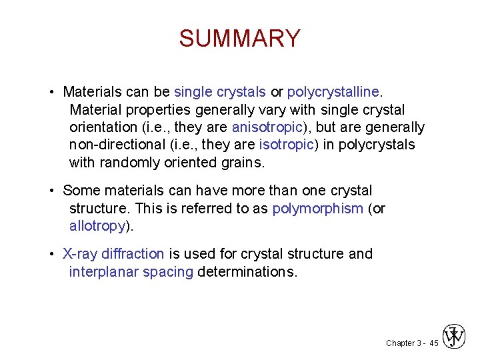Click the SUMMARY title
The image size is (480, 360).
pyautogui.click(x=239, y=39)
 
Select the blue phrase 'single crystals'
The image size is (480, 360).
pyautogui.click(x=220, y=91)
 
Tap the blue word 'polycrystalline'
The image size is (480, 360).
pyautogui.click(x=333, y=91)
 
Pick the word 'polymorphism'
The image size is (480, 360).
pyautogui.click(x=317, y=209)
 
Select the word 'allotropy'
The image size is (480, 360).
pyautogui.click(x=97, y=226)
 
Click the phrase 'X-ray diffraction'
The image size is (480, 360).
pyautogui.click(x=113, y=254)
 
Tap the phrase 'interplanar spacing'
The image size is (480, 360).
pyautogui.click(x=131, y=272)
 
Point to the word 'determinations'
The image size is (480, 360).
pyautogui.click(x=246, y=272)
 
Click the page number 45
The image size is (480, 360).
pyautogui.click(x=433, y=343)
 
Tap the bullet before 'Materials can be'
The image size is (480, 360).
pyautogui.click(x=51, y=91)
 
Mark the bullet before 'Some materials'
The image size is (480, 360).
pyautogui.click(x=51, y=191)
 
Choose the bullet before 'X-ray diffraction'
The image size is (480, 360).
pyautogui.click(x=51, y=254)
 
